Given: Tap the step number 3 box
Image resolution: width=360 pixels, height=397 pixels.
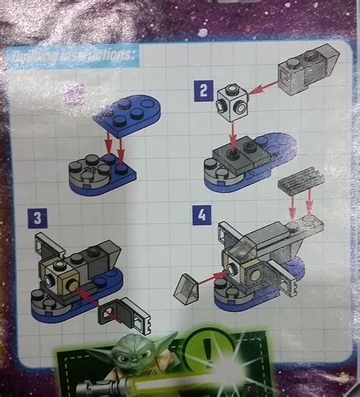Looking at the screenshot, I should [x=35, y=220].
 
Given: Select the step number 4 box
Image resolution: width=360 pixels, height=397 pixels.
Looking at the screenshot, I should [x=201, y=215].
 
